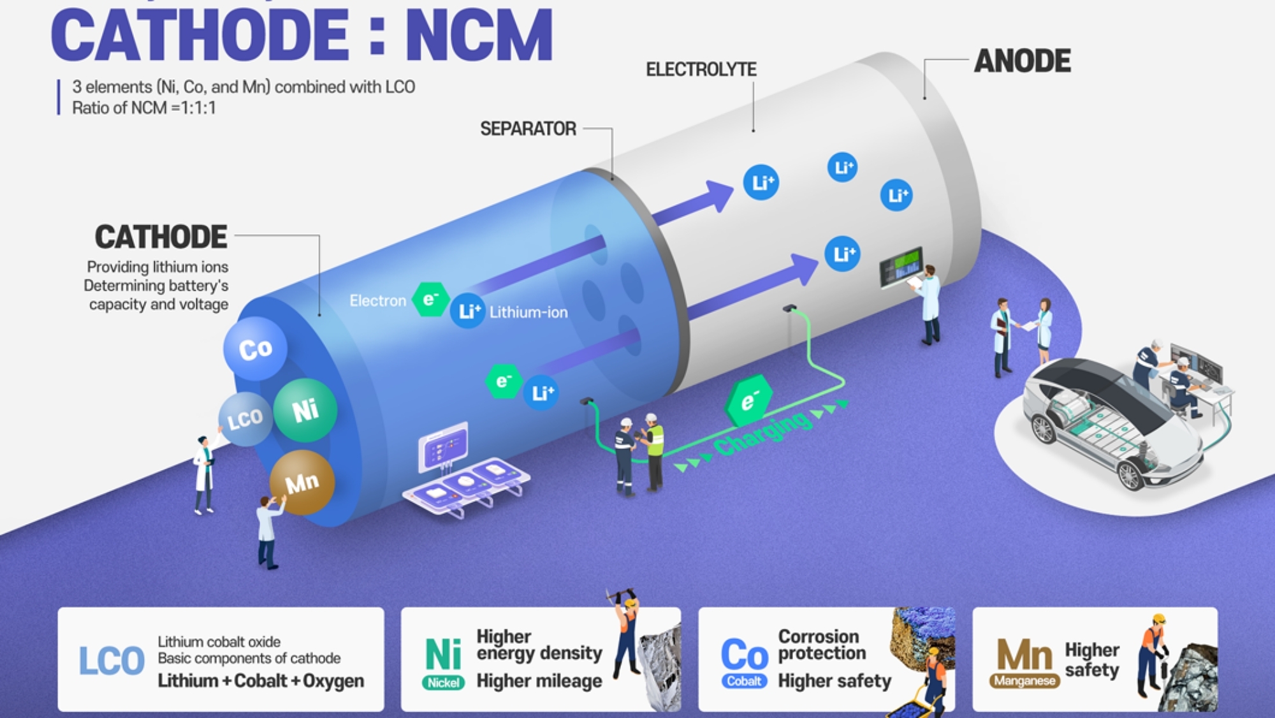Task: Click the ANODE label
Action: click(x=1022, y=61)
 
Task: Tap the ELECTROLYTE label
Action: click(x=701, y=70)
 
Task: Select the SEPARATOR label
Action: click(x=528, y=129)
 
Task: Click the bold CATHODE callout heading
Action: click(x=161, y=237)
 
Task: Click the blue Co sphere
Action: click(x=255, y=349)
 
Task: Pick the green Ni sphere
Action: click(x=305, y=410)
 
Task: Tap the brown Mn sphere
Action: click(x=302, y=483)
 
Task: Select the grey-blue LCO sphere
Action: click(x=245, y=419)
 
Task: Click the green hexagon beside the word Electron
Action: click(x=430, y=299)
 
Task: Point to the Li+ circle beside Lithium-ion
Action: click(x=468, y=311)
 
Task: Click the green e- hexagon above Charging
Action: click(x=748, y=400)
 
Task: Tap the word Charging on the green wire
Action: click(x=763, y=434)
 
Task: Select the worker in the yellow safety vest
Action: click(x=653, y=451)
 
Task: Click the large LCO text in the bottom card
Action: click(x=112, y=661)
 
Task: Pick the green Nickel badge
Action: click(x=443, y=683)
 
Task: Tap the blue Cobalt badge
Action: click(x=744, y=681)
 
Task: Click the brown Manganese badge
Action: click(x=1024, y=681)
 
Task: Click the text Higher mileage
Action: click(x=539, y=681)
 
